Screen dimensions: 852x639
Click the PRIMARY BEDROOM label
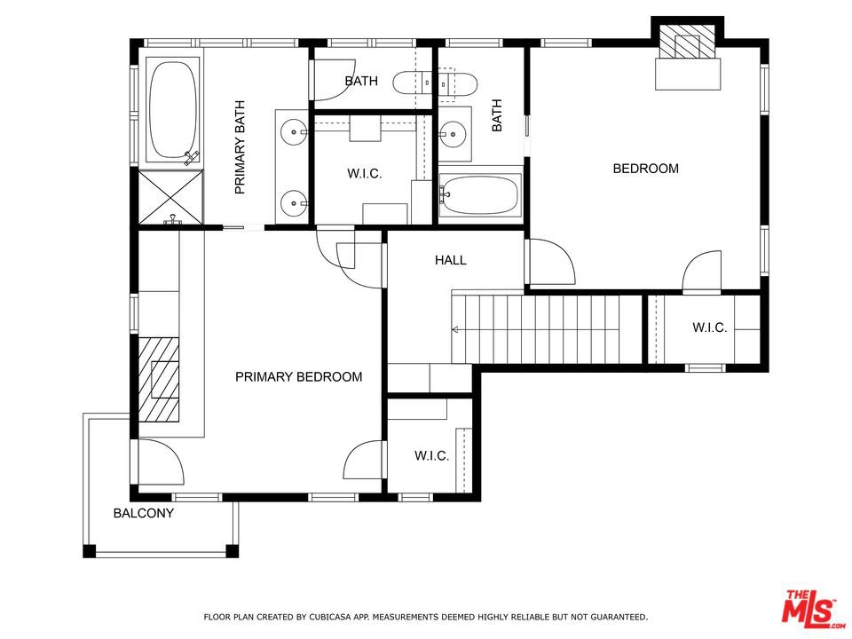298,376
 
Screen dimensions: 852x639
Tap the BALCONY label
144,513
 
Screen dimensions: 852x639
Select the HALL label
451,260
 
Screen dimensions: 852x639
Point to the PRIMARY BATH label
240,147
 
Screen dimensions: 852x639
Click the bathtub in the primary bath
172,110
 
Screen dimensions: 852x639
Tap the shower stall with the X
170,197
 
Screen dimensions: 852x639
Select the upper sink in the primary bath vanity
294,131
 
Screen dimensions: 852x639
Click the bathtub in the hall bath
479,194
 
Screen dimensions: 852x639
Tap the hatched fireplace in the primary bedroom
159,379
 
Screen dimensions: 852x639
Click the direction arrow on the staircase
455,329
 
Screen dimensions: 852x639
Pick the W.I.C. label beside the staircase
709,327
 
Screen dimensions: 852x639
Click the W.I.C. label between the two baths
365,174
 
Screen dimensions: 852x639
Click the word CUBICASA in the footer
330,617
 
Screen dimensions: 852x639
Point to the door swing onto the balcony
162,461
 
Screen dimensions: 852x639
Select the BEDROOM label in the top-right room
645,169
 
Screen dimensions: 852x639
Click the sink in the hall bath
451,133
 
